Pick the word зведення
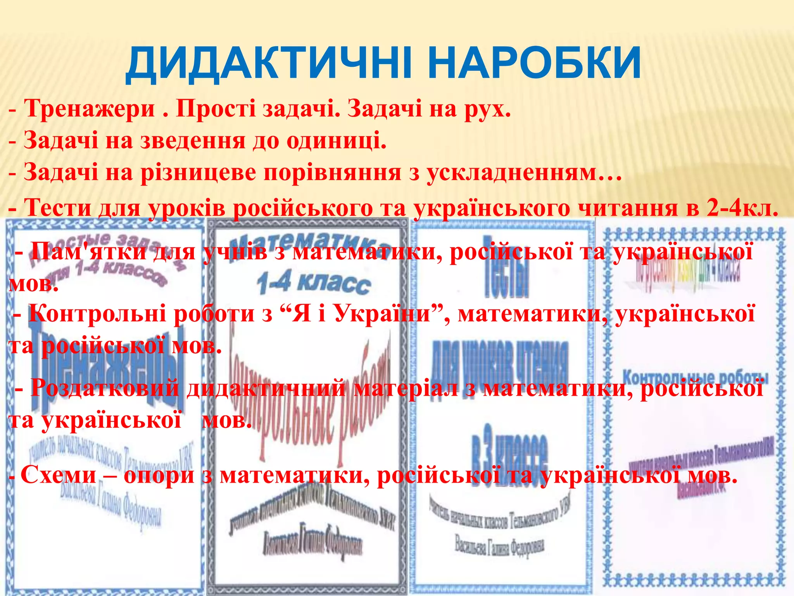[192, 140]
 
